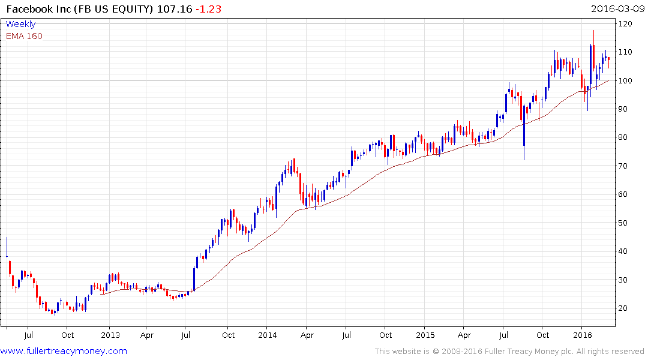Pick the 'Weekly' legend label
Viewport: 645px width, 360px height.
20,24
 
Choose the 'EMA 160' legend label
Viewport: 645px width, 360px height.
24,36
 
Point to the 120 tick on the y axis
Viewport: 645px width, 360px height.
626,24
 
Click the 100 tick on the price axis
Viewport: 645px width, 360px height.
626,81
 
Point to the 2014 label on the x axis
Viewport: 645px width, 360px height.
268,335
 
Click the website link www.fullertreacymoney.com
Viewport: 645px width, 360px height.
64,351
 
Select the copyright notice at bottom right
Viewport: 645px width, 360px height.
509,352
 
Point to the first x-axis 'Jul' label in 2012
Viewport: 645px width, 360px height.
28,335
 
